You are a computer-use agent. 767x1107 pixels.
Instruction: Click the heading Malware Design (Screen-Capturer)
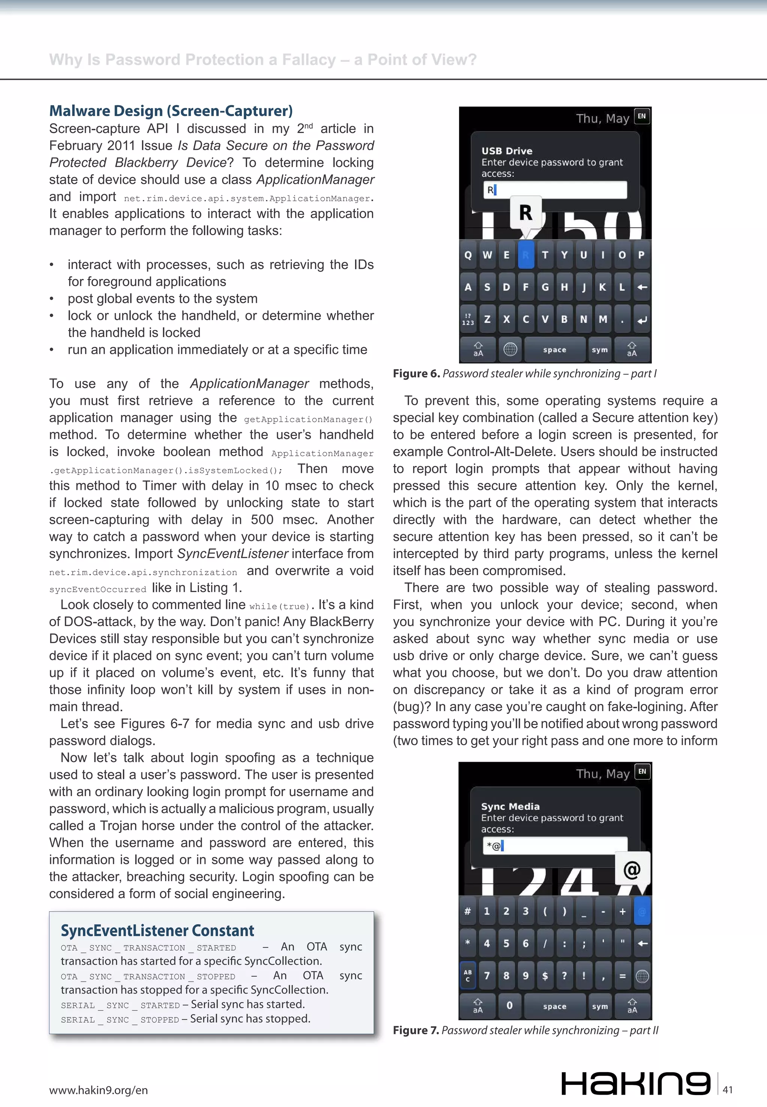tap(171, 111)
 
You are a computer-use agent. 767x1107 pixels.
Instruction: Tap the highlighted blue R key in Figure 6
tap(526, 255)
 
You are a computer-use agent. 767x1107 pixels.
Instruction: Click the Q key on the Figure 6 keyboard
tap(468, 255)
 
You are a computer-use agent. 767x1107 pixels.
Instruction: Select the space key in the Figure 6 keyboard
tap(555, 350)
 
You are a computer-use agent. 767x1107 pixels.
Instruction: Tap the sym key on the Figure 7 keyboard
tap(600, 1006)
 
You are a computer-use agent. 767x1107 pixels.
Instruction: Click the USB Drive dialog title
tap(507, 151)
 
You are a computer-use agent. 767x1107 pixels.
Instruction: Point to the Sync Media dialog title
tap(510, 807)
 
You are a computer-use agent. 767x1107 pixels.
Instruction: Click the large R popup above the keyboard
tap(526, 212)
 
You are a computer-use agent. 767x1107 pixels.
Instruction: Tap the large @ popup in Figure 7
tap(632, 869)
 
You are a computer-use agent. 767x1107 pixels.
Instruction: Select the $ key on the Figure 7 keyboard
tap(545, 976)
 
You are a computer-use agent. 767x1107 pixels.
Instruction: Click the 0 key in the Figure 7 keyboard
tap(509, 1005)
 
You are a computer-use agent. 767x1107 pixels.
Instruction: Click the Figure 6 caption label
tap(416, 374)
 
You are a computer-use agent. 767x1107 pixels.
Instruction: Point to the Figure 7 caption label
tap(416, 1030)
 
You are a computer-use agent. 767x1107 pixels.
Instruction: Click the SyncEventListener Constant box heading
tap(157, 931)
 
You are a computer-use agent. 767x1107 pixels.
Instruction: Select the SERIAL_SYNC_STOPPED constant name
tap(120, 1019)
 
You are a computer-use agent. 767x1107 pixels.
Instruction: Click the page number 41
tap(728, 1089)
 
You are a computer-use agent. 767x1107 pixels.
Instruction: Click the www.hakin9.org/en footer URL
tap(98, 1090)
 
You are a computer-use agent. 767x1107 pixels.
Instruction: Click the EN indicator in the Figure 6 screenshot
tap(642, 116)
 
